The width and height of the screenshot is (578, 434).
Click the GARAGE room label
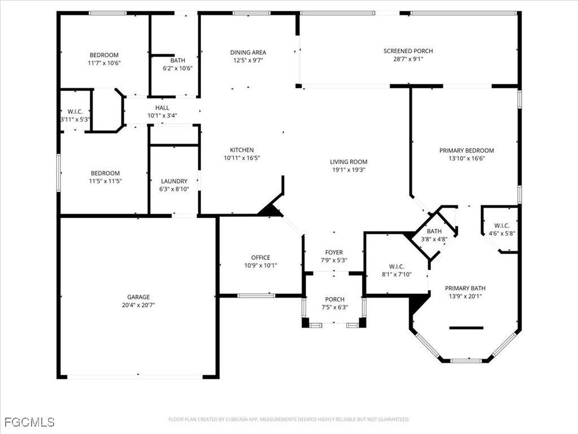click(139, 297)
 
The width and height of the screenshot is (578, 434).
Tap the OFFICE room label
click(261, 258)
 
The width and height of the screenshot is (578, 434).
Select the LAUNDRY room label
click(174, 181)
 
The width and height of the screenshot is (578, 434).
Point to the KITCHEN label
click(242, 150)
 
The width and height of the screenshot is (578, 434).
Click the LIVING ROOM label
click(349, 162)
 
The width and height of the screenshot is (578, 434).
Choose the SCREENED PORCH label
click(408, 51)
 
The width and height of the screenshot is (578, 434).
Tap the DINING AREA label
click(248, 53)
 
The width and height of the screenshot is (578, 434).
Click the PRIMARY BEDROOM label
click(467, 150)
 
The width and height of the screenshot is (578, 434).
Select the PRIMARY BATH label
click(465, 288)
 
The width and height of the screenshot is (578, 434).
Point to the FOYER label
click(334, 253)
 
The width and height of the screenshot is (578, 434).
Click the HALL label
click(162, 108)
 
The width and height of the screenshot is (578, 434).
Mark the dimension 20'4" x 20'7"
click(139, 305)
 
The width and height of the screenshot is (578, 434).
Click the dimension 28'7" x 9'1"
click(408, 59)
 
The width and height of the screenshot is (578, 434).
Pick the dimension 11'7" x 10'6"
click(104, 63)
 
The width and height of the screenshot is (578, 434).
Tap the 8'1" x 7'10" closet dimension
click(397, 275)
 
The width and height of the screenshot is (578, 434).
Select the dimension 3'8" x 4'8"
click(434, 239)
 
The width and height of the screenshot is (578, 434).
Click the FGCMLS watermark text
click(29, 422)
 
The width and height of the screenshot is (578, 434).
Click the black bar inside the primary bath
click(466, 328)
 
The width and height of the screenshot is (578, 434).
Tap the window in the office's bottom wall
click(256, 295)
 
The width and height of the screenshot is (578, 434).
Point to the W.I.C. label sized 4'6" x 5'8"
click(502, 225)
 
